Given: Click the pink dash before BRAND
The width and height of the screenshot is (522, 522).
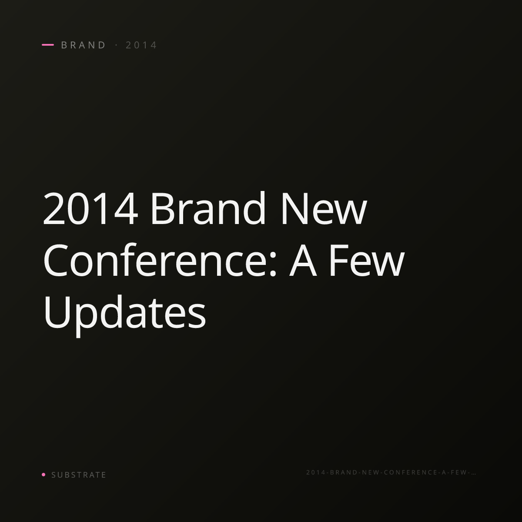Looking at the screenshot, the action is coord(48,45).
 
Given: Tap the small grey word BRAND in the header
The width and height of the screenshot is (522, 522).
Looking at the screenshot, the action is coord(84,45).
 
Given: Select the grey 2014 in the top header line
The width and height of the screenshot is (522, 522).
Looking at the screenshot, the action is coord(141,45).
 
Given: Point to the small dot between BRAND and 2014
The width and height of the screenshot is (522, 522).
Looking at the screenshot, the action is coord(117,45).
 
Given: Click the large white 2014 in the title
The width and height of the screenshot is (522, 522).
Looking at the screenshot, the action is coord(90,208).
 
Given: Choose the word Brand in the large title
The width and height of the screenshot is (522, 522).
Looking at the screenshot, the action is coord(208,207).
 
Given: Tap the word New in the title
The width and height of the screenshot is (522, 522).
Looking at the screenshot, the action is coord(324,208).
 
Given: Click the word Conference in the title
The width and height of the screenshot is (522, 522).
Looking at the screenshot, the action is coord(156,260).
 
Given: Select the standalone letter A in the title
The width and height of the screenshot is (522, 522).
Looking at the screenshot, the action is coord(303,260).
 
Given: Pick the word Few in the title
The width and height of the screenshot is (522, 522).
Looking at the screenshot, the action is coord(367,260).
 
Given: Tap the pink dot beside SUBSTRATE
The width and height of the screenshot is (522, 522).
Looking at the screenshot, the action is coord(43,475).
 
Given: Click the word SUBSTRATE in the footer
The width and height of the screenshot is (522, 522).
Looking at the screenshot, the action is coord(79,475).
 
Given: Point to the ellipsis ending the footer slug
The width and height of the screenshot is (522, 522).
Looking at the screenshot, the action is coord(474,474).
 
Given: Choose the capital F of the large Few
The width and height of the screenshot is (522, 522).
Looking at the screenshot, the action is coord(339,260).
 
